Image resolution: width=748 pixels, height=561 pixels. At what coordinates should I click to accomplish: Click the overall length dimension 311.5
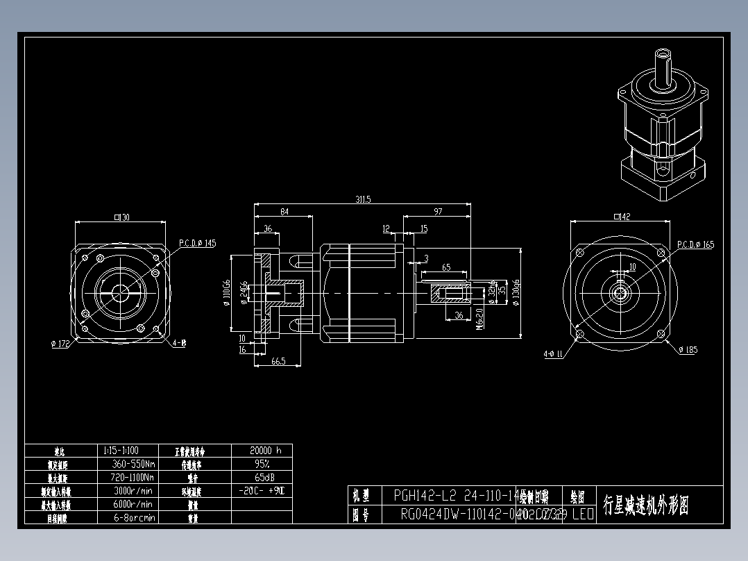[x=363, y=199]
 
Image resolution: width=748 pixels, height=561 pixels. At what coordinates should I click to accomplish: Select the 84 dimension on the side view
[x=284, y=211]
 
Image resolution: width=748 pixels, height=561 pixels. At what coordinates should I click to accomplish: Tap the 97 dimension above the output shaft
[x=438, y=211]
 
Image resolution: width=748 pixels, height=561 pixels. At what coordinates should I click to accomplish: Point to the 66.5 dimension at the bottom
[x=278, y=360]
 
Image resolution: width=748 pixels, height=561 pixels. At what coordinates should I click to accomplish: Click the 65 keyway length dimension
[x=445, y=267]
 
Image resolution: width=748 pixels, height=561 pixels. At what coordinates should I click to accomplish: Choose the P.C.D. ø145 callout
[x=198, y=243]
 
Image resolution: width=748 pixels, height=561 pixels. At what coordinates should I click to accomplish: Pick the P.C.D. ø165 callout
[x=695, y=244]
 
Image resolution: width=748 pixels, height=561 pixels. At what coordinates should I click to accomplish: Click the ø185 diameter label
[x=687, y=350]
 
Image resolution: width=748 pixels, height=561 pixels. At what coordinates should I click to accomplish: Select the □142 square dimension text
[x=622, y=217]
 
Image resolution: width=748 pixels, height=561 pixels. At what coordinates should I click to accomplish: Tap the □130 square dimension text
[x=121, y=217]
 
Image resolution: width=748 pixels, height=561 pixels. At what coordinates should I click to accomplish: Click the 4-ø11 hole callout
[x=553, y=354]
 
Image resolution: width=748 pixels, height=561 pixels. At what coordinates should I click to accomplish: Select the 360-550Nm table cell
[x=133, y=464]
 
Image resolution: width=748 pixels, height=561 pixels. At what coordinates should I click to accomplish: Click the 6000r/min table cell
[x=132, y=504]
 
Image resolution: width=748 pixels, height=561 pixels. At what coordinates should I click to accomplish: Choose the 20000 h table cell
[x=261, y=450]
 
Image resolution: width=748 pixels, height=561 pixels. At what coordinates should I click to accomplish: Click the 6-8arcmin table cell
[x=133, y=517]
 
